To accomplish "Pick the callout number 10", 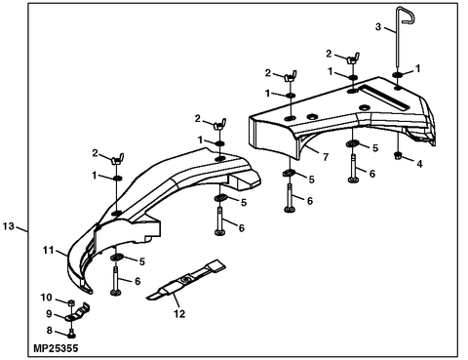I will [45, 297].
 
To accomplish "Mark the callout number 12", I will [177, 313].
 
